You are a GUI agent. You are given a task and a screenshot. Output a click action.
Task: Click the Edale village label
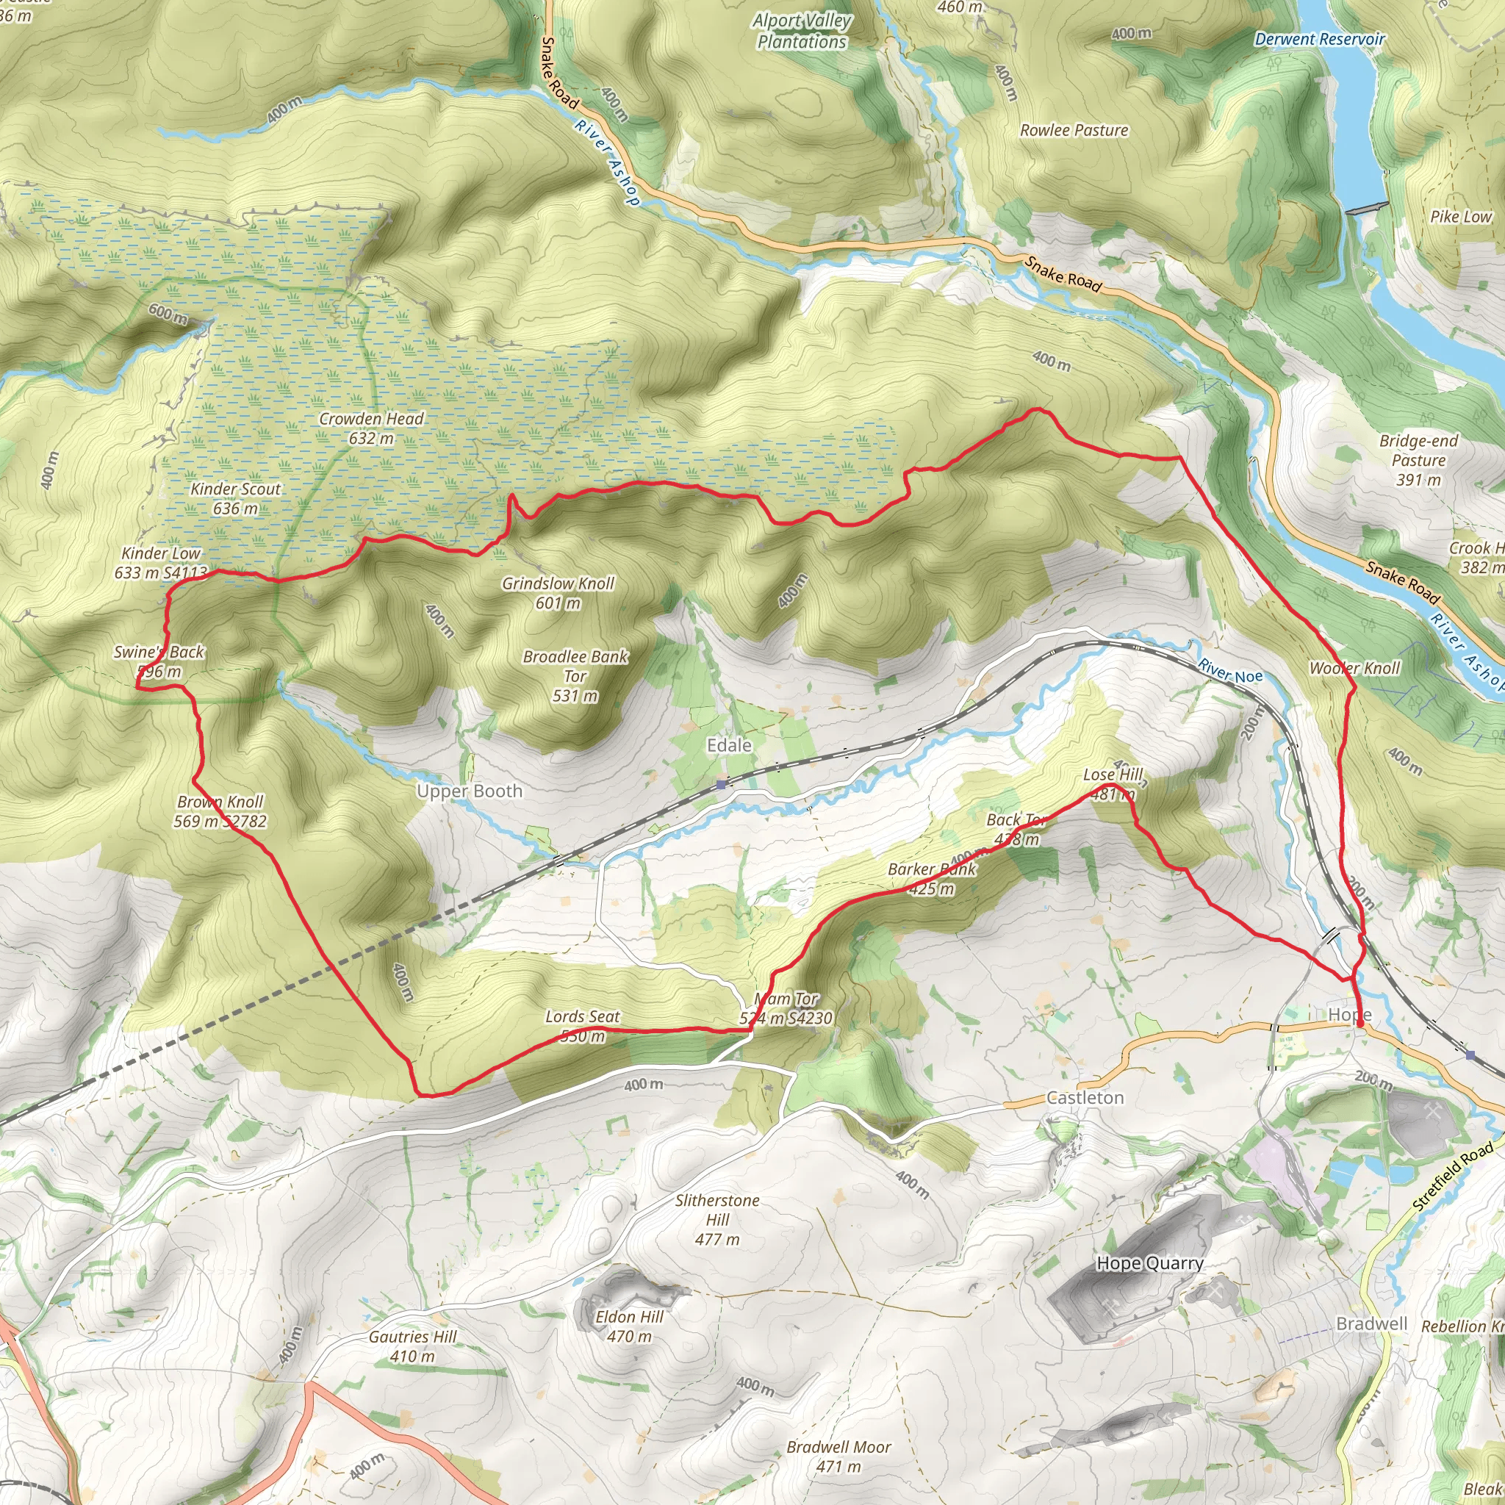click(728, 745)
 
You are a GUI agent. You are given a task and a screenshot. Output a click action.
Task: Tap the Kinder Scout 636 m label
click(235, 498)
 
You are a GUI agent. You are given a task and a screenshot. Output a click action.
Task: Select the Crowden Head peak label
click(372, 428)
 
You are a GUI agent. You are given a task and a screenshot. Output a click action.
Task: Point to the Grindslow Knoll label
click(558, 592)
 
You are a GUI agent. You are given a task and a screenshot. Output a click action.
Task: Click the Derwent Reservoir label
click(1320, 39)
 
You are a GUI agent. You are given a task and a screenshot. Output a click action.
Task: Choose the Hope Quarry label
click(1150, 1262)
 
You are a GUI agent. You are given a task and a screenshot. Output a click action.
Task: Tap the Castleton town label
click(1085, 1098)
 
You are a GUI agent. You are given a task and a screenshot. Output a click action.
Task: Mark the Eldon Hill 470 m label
click(630, 1326)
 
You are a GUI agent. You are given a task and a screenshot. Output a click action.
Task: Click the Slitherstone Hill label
click(716, 1219)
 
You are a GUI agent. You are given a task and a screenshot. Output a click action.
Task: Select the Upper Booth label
click(469, 791)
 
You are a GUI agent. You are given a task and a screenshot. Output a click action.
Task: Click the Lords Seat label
click(583, 1025)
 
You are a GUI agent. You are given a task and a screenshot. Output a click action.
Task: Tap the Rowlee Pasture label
click(1074, 130)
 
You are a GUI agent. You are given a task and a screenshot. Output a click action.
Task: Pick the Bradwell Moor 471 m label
click(839, 1456)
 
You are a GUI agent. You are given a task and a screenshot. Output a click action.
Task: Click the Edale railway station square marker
click(722, 784)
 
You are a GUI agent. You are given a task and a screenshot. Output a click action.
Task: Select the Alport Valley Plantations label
click(802, 31)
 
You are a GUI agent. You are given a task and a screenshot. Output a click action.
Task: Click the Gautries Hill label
click(412, 1346)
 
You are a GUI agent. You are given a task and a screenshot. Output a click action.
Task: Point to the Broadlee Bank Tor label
click(575, 675)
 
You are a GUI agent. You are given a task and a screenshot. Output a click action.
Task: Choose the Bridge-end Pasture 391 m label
click(1418, 459)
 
